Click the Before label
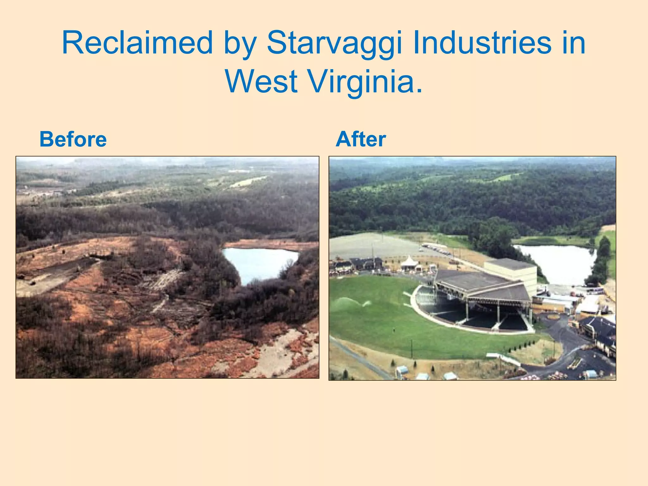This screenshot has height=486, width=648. [73, 139]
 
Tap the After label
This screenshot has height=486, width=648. [361, 139]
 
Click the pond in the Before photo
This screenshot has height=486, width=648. [258, 263]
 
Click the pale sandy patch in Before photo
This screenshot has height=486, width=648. [285, 348]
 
